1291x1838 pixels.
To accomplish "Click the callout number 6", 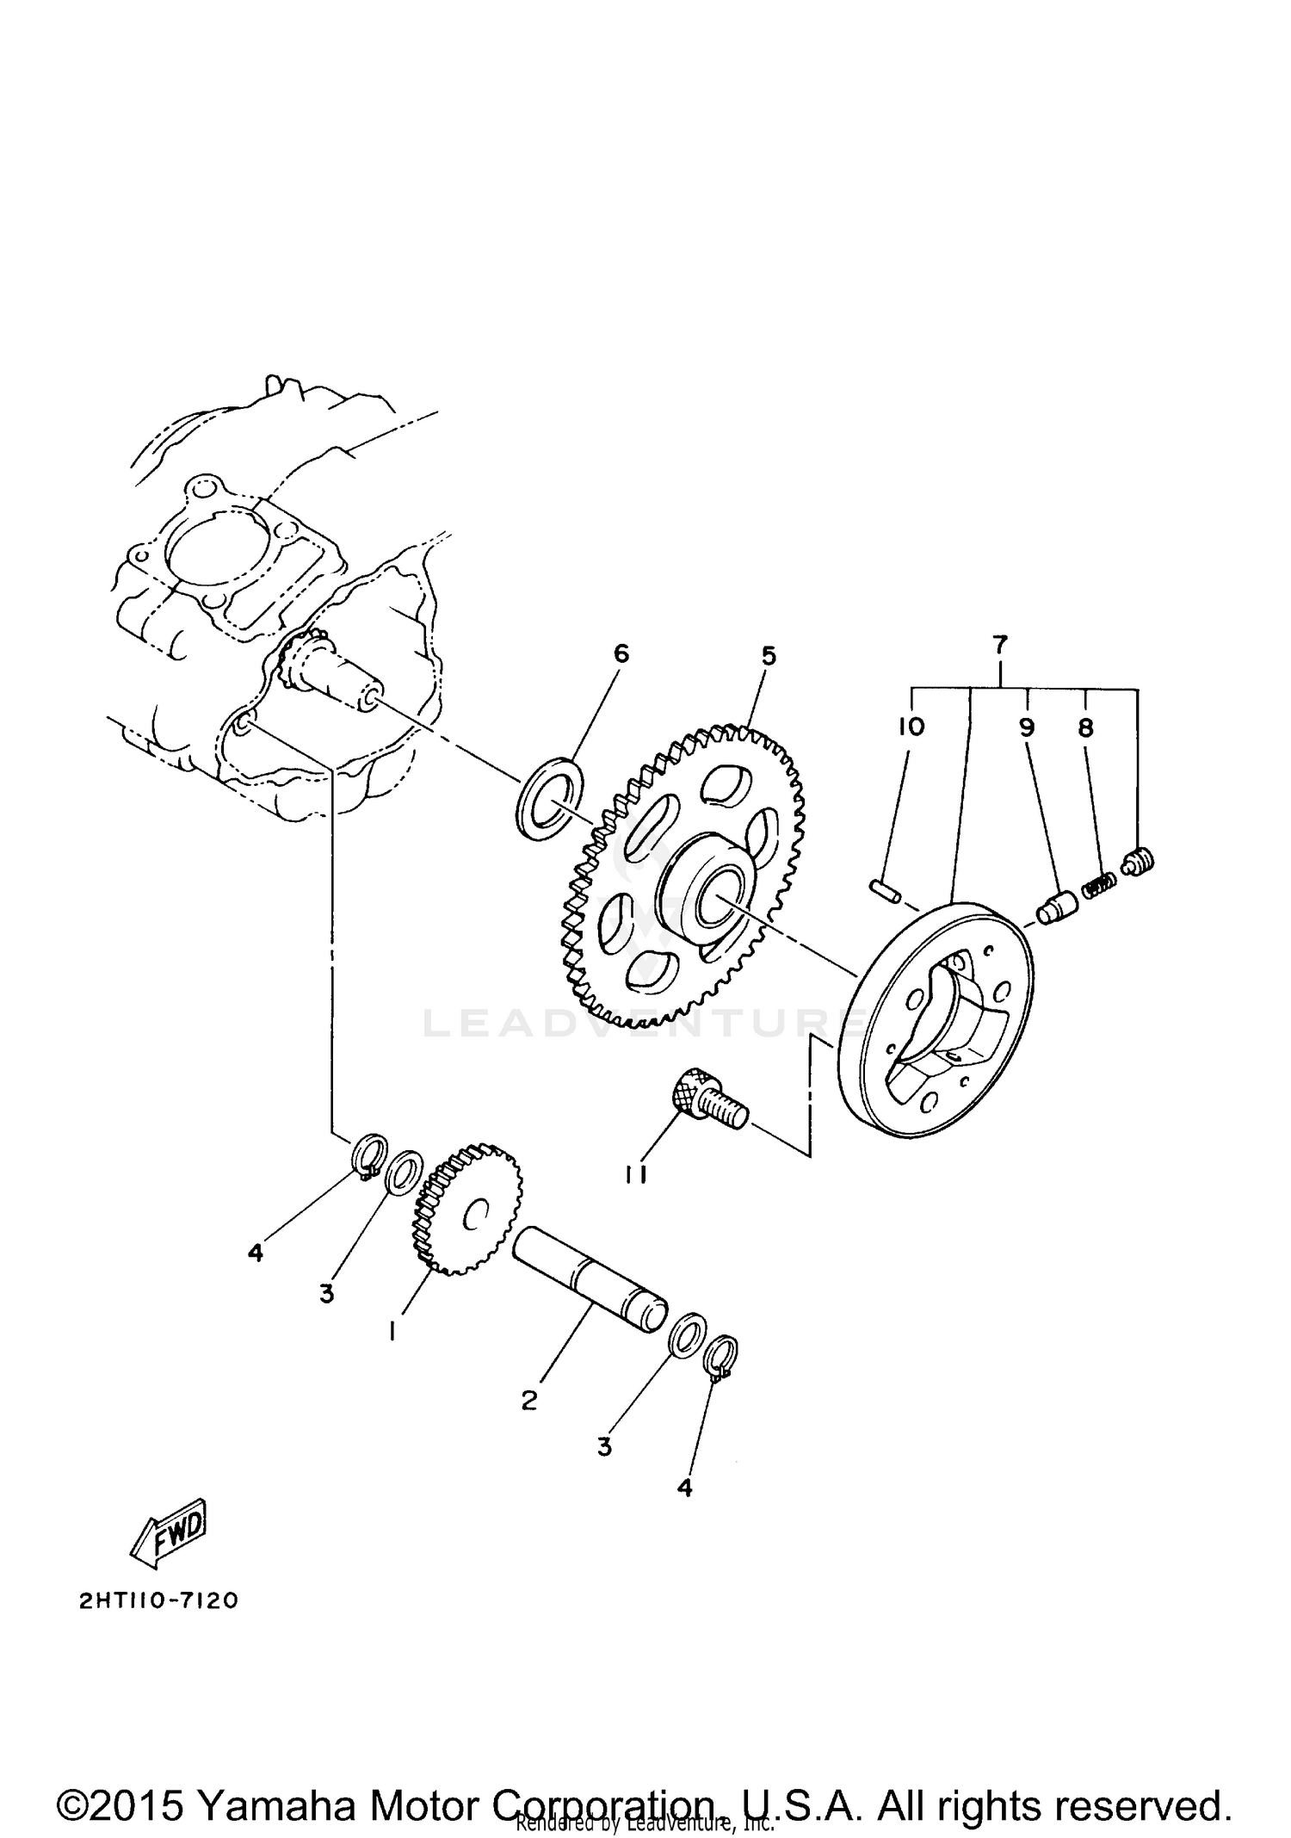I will [x=621, y=654].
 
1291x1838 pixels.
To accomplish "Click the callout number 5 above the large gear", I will [x=768, y=657].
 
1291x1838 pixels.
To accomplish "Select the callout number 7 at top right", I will [x=999, y=645].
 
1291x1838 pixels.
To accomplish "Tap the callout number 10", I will [x=910, y=727].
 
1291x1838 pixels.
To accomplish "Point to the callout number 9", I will [x=1026, y=728].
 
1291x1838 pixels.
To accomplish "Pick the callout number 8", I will [x=1085, y=728].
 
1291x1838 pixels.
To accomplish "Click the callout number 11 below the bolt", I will [x=636, y=1175].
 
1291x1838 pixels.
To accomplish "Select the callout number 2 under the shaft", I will [x=528, y=1401].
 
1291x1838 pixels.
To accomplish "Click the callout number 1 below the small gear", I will [x=392, y=1332].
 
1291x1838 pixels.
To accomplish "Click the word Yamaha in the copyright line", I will [x=276, y=1782].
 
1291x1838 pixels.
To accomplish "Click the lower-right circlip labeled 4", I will [x=721, y=1357].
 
